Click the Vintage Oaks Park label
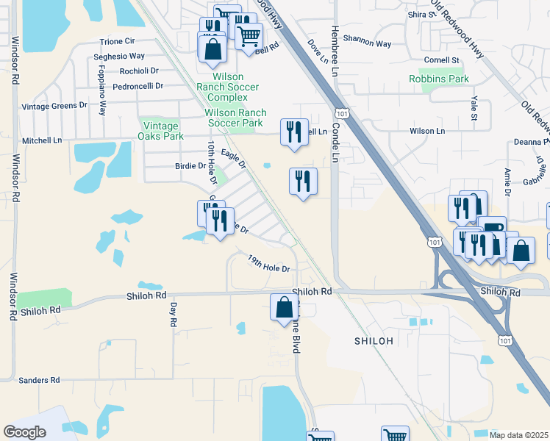161,131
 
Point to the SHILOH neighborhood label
374,341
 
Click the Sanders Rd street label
39,380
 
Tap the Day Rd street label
174,315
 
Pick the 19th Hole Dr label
269,264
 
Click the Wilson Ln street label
427,131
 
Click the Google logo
25,432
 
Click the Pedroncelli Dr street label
137,87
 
